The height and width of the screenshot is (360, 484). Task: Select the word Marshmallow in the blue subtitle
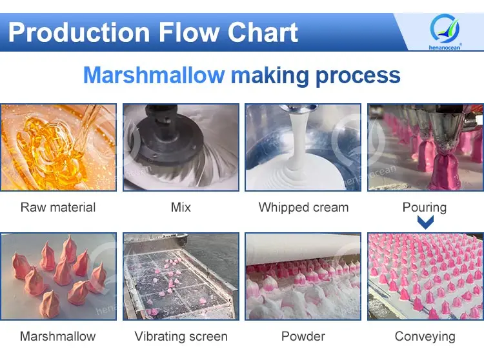point(154,75)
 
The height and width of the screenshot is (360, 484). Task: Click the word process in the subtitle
point(358,75)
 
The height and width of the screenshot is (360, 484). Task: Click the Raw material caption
point(58,208)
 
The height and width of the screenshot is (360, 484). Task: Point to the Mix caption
point(181,208)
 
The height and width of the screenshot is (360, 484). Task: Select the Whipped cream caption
point(303,208)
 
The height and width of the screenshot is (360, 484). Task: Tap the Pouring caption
point(425,208)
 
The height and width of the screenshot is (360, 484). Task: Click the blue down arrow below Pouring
point(425,223)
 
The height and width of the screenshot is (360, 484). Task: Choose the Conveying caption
point(425,336)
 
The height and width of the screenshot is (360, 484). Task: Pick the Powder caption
point(303,336)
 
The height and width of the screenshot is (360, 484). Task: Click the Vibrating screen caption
point(181,336)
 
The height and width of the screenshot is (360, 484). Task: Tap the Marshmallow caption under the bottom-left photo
point(58,336)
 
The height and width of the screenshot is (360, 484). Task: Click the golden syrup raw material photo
point(58,147)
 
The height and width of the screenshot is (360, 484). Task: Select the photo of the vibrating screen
point(181,276)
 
